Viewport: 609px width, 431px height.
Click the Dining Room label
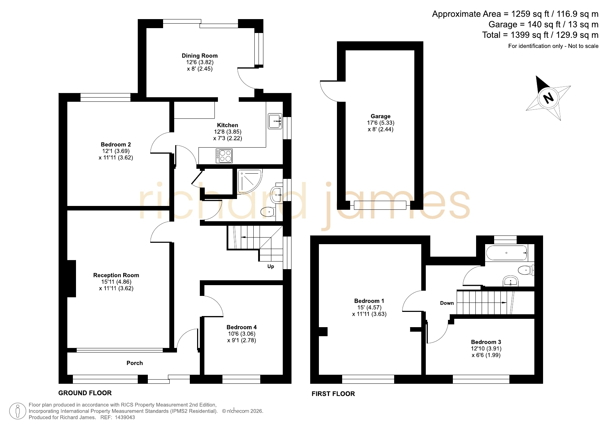200,56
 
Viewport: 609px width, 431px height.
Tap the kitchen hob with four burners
224,156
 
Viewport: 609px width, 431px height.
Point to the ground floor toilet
268,212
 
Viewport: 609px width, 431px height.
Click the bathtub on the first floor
506,253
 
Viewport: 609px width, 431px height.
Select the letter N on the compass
548,98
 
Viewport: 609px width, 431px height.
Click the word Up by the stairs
271,266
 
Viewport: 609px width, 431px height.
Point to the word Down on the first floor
447,303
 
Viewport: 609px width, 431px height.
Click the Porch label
135,363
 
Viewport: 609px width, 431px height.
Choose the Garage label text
381,116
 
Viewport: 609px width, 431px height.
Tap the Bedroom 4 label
242,327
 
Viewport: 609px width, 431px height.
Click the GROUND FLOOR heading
85,393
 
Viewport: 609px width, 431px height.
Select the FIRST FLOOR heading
333,393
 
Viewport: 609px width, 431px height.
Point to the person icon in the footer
18,411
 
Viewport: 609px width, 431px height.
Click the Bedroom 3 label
486,342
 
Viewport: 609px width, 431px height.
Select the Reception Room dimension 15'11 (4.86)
116,282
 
